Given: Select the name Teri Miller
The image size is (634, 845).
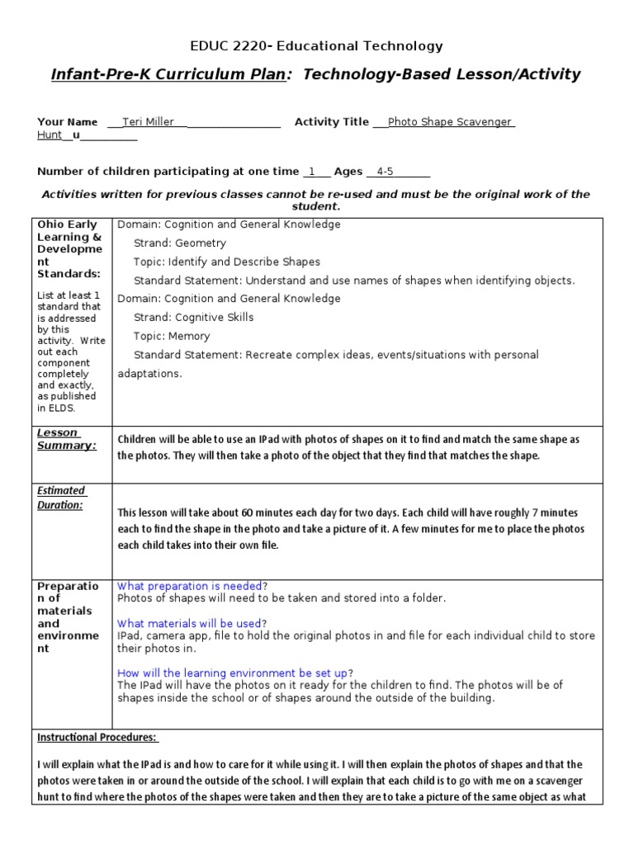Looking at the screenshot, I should click(x=148, y=122).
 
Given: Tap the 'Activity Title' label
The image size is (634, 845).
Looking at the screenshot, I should click(x=332, y=122).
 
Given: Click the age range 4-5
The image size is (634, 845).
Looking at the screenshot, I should click(x=385, y=172).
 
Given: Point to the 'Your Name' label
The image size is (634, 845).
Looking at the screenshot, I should click(x=67, y=122).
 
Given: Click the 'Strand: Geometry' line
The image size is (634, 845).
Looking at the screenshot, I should click(x=180, y=243).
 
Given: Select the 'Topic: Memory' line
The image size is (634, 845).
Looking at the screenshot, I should click(x=172, y=336).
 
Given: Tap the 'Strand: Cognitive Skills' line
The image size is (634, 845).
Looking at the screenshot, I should click(x=194, y=317).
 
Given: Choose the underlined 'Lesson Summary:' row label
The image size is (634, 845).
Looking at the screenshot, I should click(x=66, y=439).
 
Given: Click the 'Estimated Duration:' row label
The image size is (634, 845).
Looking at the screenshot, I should click(x=60, y=498).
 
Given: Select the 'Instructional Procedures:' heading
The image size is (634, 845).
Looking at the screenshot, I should click(x=97, y=737).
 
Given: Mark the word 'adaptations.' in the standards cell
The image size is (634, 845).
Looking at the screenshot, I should click(x=151, y=373).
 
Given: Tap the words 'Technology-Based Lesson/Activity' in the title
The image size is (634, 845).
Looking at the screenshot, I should click(x=442, y=75).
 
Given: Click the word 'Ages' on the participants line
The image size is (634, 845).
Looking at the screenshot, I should click(x=348, y=172).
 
